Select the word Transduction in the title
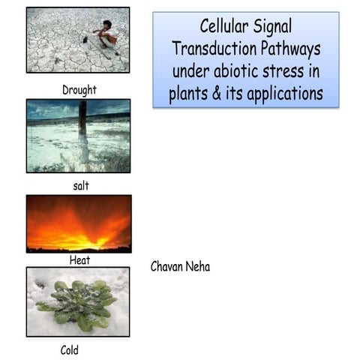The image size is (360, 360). (x=212, y=49)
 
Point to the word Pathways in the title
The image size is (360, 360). (x=287, y=49)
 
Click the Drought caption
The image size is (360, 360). (x=79, y=90)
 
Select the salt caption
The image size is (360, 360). (x=79, y=186)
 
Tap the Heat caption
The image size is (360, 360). (x=79, y=260)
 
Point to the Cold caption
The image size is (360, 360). (x=69, y=349)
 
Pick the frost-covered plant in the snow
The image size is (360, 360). (x=77, y=304)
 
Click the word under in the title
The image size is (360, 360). (x=190, y=72)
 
